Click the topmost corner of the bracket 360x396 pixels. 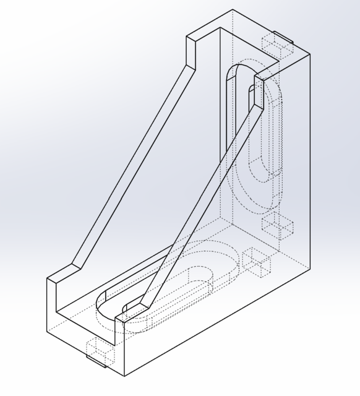coord(233,10)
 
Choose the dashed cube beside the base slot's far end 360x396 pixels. coord(257,261)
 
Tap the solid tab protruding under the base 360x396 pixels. coord(96,359)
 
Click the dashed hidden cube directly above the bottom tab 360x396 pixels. coord(100,349)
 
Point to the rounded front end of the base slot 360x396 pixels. coord(105,307)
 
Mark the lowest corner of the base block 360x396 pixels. coord(124,376)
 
